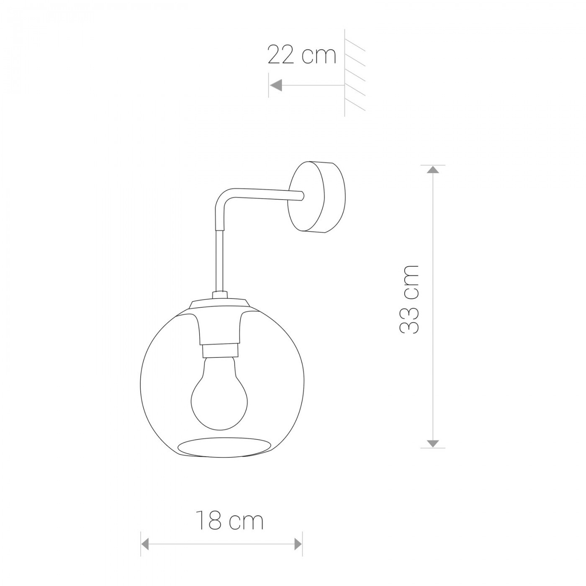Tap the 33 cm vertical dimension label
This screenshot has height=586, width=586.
pyautogui.click(x=409, y=300)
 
